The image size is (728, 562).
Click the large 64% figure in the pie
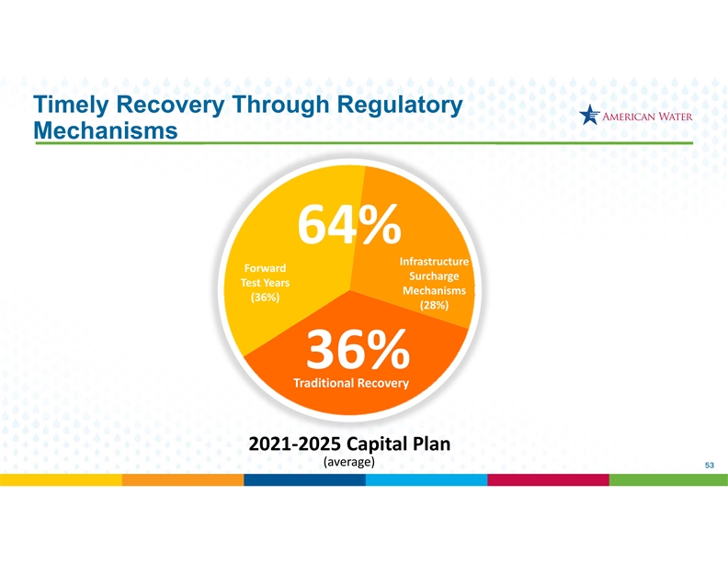349,224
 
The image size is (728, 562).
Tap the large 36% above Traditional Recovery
358,350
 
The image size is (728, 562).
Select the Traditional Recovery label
351,383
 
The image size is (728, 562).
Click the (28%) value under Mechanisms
434,305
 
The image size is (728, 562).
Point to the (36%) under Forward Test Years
265,298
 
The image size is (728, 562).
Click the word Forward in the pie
265,268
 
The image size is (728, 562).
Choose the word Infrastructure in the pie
434,262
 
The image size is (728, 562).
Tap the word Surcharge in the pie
434,276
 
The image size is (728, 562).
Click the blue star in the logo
589,115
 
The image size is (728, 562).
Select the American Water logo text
647,117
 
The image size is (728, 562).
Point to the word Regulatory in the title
400,106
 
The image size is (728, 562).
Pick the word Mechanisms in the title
106,130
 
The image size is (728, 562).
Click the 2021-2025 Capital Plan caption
349,444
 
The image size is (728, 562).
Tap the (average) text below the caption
348,462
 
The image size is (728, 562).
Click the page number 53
710,465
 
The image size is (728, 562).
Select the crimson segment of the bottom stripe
549,480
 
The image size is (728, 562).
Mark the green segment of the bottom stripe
668,480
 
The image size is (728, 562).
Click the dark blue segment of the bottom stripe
304,480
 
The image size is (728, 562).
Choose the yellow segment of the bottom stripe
61,480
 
